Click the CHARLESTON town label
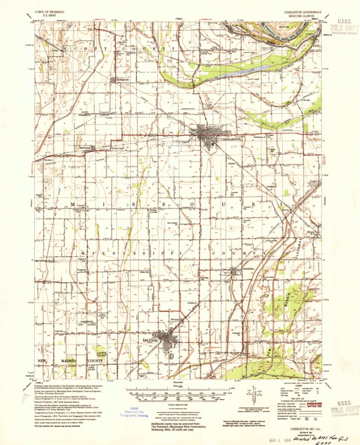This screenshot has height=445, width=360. coord(231,140)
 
